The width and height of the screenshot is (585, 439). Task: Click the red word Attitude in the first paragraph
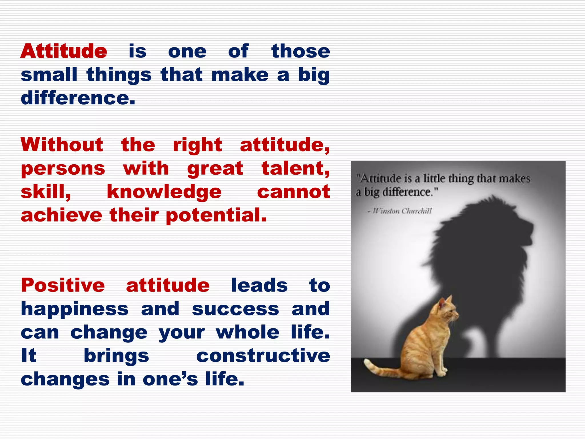(x=64, y=51)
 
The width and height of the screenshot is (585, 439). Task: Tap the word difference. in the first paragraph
(x=78, y=98)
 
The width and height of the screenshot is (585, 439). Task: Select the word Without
(x=62, y=145)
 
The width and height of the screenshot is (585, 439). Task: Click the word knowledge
(x=164, y=192)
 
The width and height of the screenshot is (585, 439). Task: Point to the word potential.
(x=216, y=215)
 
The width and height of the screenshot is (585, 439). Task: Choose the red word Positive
(x=63, y=286)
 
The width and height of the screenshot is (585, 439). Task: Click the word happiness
(x=75, y=309)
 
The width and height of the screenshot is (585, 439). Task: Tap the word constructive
(x=263, y=356)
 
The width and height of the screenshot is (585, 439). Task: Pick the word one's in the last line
(x=170, y=379)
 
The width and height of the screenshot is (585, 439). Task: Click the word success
(x=235, y=309)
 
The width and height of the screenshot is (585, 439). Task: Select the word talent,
(x=295, y=168)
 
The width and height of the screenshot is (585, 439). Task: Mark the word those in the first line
(x=300, y=51)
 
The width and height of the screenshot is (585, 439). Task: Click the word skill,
(x=46, y=192)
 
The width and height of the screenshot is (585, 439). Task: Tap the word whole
(x=247, y=332)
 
